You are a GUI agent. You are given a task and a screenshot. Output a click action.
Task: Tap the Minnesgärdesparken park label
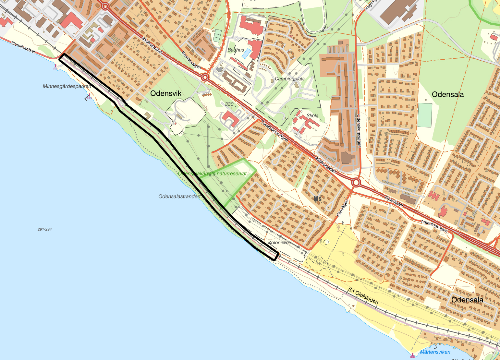click(x=67, y=87)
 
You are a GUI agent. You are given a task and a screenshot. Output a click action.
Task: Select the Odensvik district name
click(x=166, y=94)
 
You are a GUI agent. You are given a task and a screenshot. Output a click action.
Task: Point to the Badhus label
click(x=236, y=50)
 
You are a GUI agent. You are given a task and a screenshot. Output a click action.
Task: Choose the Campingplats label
click(x=289, y=79)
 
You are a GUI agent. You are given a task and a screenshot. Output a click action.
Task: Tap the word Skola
click(x=312, y=115)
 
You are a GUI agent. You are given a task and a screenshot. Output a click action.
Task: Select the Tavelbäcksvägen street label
click(x=274, y=131)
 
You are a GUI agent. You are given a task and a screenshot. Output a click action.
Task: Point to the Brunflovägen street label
click(x=191, y=60)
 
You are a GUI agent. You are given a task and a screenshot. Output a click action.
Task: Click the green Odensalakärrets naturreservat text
click(x=212, y=174)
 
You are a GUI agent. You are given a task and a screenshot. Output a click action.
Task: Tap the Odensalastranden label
click(x=179, y=197)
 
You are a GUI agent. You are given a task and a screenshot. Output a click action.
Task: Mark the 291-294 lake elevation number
click(x=44, y=229)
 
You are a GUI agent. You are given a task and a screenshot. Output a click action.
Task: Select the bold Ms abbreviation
click(x=317, y=198)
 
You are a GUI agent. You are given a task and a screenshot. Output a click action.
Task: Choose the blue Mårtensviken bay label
click(x=435, y=352)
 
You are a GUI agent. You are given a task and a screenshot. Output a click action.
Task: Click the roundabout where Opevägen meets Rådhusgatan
click(x=356, y=183)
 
